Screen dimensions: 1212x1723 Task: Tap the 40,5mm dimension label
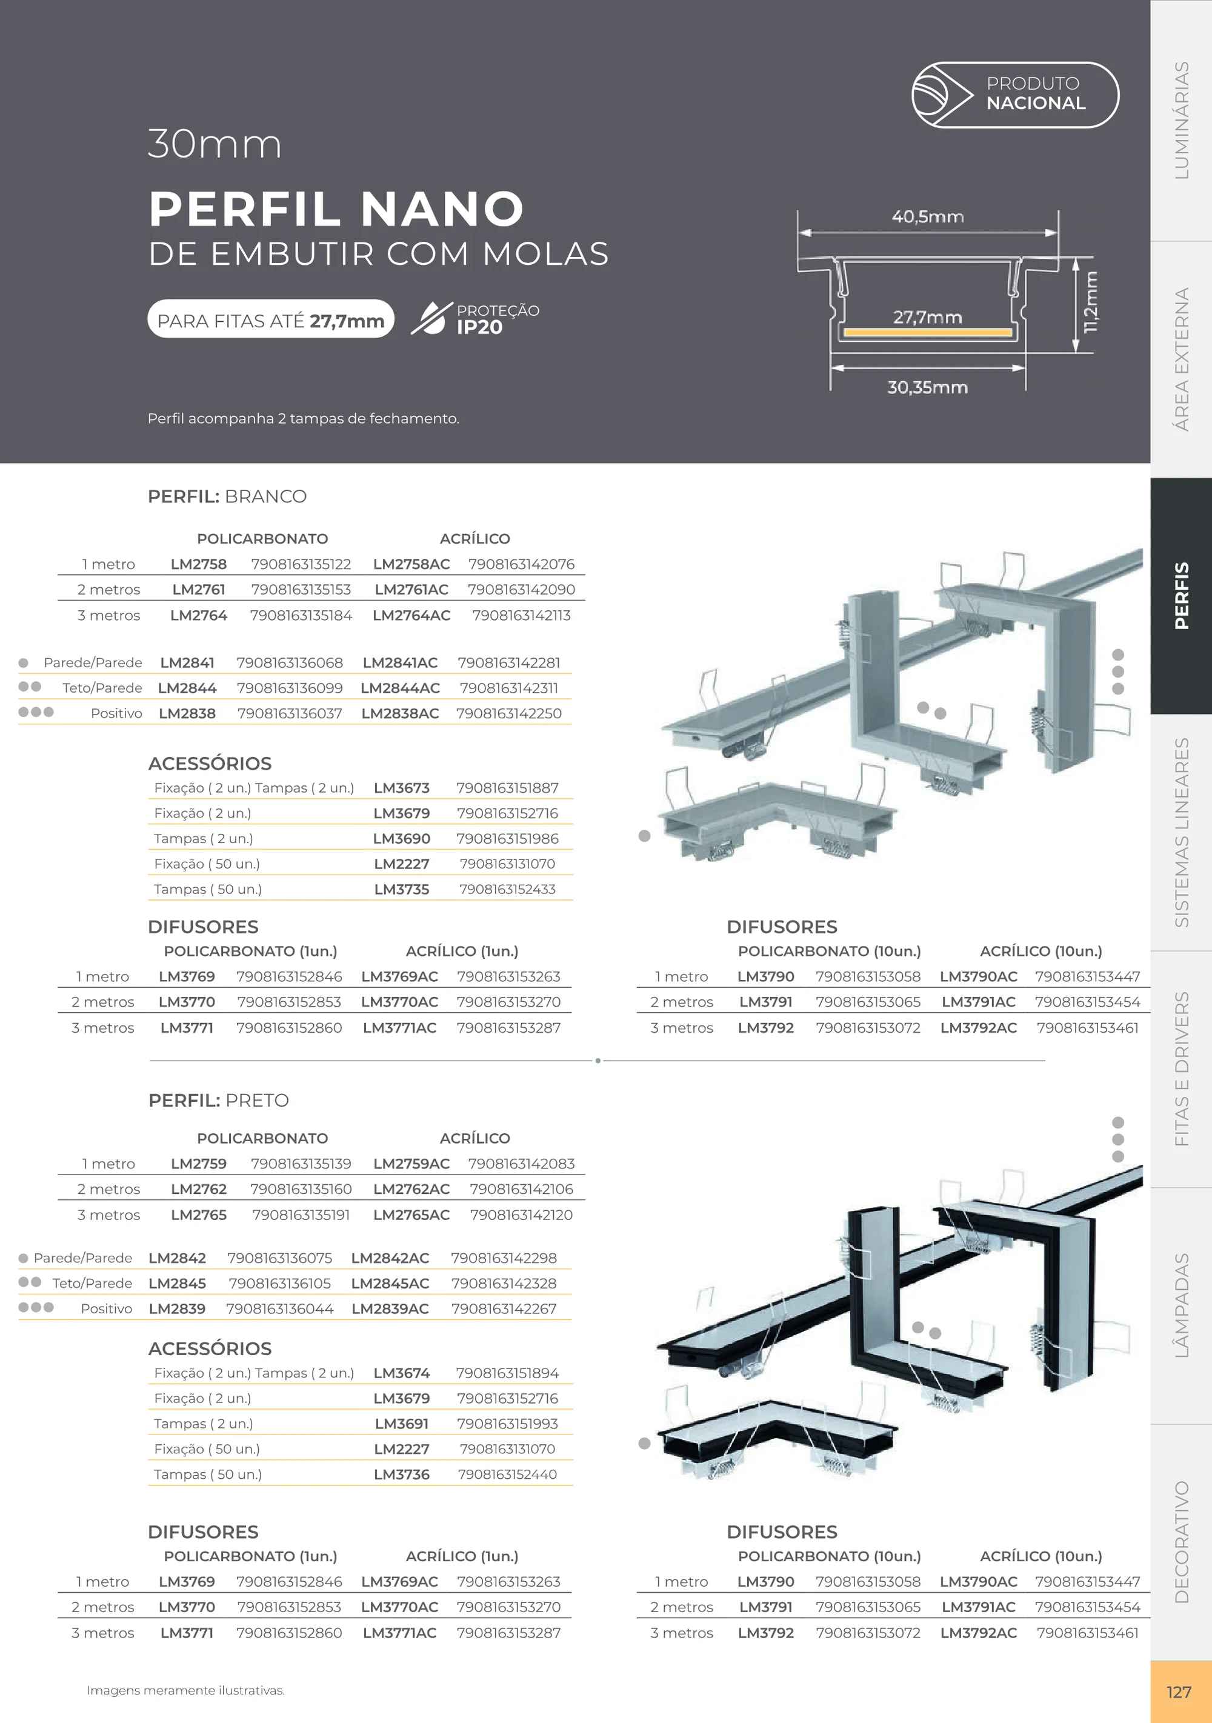[928, 217]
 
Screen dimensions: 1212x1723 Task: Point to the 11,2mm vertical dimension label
[1090, 302]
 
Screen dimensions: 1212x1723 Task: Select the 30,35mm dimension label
[928, 387]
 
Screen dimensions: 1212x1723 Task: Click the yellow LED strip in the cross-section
[928, 332]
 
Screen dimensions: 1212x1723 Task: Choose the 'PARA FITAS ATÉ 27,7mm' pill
[271, 319]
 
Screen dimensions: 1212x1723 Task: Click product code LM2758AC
[411, 564]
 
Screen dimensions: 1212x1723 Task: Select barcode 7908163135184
[301, 615]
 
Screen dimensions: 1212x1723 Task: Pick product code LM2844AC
[400, 688]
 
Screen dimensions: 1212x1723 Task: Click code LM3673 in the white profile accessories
[402, 788]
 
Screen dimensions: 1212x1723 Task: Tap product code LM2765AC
[411, 1215]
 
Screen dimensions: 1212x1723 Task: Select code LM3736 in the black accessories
[402, 1475]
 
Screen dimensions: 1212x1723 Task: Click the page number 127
[1179, 1692]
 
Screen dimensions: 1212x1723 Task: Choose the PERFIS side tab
[1181, 596]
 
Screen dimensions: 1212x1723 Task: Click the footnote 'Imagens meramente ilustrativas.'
[185, 1691]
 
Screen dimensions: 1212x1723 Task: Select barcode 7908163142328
[504, 1283]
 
